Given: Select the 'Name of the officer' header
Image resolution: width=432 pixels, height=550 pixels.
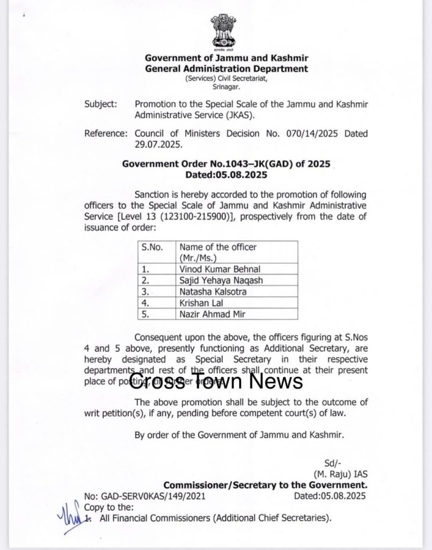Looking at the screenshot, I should click(x=218, y=247).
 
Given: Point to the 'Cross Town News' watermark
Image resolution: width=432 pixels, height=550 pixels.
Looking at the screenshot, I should click(x=216, y=381).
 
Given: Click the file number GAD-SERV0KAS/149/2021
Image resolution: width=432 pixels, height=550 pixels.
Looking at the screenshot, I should click(x=144, y=497).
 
